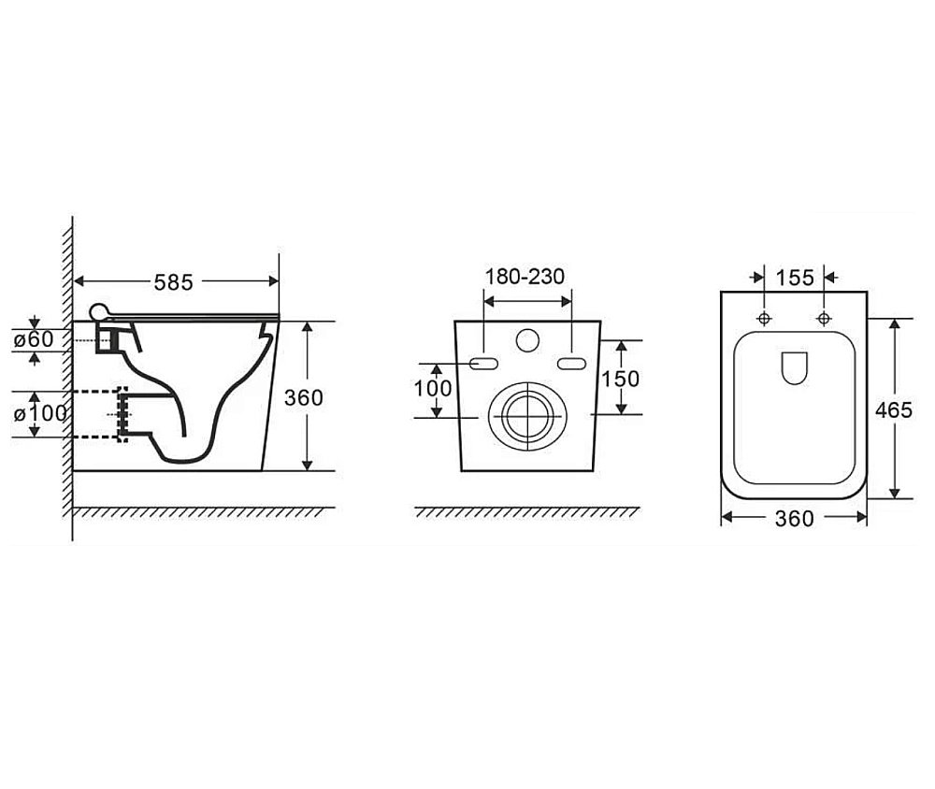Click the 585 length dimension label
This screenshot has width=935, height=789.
coord(174,282)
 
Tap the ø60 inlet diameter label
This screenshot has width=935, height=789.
coord(34,339)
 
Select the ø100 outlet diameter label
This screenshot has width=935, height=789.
coord(40,413)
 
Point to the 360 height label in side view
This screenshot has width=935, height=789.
coord(304,398)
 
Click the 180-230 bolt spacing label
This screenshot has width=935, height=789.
coord(525,277)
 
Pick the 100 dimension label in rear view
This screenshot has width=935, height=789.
coord(433,389)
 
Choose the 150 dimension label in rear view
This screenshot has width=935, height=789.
coord(620,379)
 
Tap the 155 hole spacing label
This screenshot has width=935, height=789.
coord(795,278)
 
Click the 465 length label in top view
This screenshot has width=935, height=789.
coord(894,409)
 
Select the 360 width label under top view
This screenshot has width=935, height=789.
coord(794,519)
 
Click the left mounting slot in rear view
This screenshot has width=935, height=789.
coord(483,364)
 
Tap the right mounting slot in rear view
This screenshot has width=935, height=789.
coord(572,364)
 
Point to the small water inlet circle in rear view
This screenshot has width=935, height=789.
coord(527,340)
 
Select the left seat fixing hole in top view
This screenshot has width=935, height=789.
coord(764,319)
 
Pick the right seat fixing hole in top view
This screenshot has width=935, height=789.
coord(824,319)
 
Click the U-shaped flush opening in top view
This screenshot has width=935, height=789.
coord(794,368)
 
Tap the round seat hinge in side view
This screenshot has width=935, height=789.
coord(99,311)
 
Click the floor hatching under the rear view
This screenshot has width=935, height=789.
coord(527,512)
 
